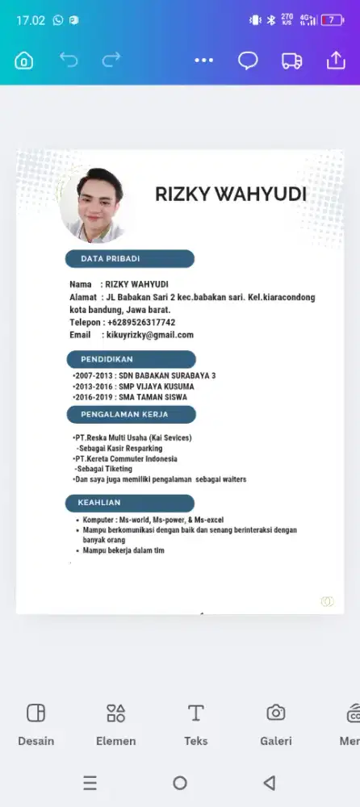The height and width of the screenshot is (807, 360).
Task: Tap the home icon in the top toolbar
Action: tap(24, 61)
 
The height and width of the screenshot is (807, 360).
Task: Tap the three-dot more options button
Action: tap(204, 61)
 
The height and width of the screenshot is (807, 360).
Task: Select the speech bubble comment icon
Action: tap(248, 61)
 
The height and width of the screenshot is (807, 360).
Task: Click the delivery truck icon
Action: tap(291, 61)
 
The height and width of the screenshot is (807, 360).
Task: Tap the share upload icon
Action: tap(335, 61)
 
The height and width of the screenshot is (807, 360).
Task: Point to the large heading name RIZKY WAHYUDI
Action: tap(231, 194)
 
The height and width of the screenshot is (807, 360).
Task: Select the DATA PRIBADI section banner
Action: tap(130, 259)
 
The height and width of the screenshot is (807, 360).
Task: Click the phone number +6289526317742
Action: tap(141, 322)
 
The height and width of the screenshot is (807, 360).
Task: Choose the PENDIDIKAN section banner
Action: tap(130, 359)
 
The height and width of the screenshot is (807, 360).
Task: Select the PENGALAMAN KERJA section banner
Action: tap(130, 415)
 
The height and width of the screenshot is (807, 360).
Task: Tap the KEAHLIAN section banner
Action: tap(130, 503)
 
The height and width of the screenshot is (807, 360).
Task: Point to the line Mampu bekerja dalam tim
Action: tap(123, 550)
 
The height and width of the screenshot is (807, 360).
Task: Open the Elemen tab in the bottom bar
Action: tap(115, 724)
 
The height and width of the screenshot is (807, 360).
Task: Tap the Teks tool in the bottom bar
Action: tap(195, 724)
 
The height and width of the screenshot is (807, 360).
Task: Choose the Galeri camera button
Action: tap(275, 724)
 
